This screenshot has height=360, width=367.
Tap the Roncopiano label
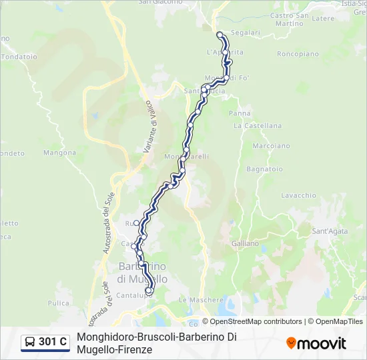click(x=298, y=53)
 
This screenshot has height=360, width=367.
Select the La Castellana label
click(x=258, y=125)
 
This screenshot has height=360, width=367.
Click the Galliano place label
click(x=245, y=243)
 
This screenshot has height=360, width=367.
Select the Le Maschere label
click(x=201, y=300)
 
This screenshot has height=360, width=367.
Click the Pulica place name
click(x=58, y=303)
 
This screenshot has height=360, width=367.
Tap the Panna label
click(x=240, y=113)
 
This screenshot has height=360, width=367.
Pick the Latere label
click(x=323, y=19)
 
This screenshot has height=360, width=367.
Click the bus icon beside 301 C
click(x=30, y=342)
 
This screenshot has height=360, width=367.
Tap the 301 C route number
click(x=53, y=342)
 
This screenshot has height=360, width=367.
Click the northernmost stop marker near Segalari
click(x=220, y=35)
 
